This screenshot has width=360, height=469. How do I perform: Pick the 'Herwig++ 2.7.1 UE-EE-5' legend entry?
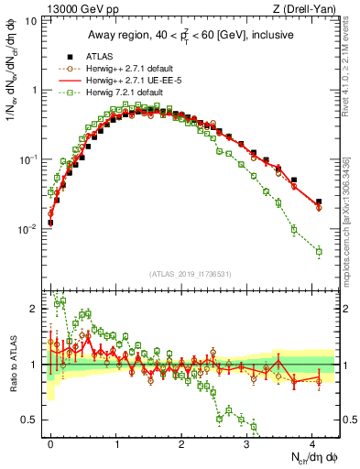point(136,80)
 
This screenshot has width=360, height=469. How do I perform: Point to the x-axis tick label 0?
point(51,442)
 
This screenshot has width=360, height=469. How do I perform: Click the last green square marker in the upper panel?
point(319,251)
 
